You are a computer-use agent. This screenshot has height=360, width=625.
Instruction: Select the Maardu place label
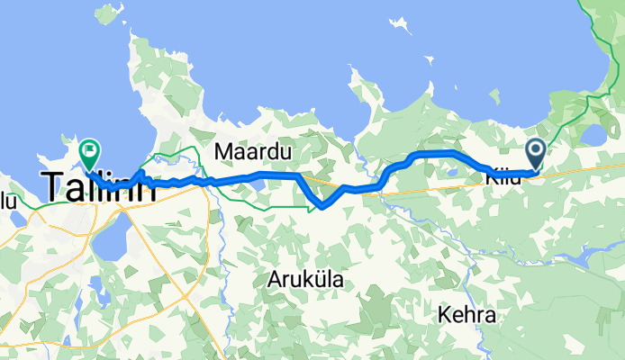click(x=252, y=154)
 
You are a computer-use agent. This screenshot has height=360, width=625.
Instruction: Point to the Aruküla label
click(x=304, y=280)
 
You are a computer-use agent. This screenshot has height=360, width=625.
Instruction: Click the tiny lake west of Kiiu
click(x=452, y=172)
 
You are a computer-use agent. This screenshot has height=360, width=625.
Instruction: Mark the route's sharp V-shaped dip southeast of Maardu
click(x=318, y=208)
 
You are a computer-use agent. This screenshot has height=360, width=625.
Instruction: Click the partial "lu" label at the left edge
click(x=8, y=201)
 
